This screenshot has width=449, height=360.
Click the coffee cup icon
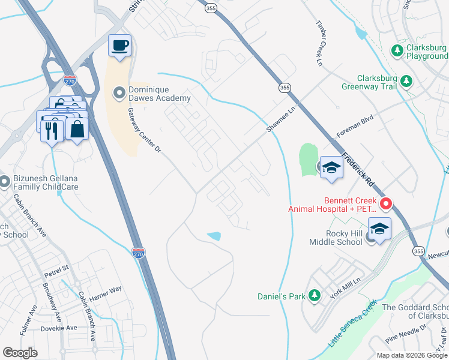point(119,46)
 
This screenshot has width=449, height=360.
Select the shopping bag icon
point(77,129)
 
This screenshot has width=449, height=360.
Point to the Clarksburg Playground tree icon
point(397,52)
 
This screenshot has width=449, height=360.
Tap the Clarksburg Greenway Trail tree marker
point(406,80)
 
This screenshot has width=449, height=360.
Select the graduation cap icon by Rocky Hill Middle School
point(379,229)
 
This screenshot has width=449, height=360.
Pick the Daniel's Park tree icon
point(314,296)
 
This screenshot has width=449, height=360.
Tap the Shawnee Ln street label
point(282,120)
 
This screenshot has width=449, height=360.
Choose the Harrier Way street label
point(107,291)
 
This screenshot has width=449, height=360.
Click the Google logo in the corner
point(20,353)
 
